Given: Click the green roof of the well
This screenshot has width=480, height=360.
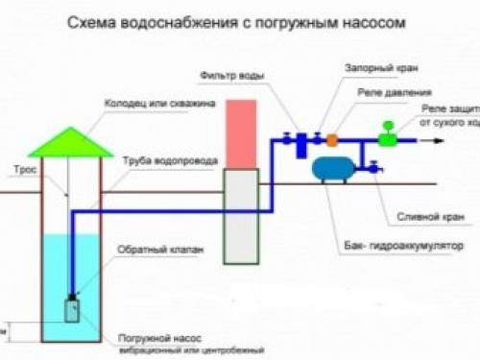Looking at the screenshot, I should tap(69, 143).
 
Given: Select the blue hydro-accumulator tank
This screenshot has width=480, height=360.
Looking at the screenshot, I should tap(336, 169).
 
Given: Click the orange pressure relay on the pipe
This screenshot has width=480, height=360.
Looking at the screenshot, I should tap(331, 140).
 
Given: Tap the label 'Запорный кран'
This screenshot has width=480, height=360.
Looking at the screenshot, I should tap(373, 69).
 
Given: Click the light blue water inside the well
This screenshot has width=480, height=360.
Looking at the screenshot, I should tap(71, 269).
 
